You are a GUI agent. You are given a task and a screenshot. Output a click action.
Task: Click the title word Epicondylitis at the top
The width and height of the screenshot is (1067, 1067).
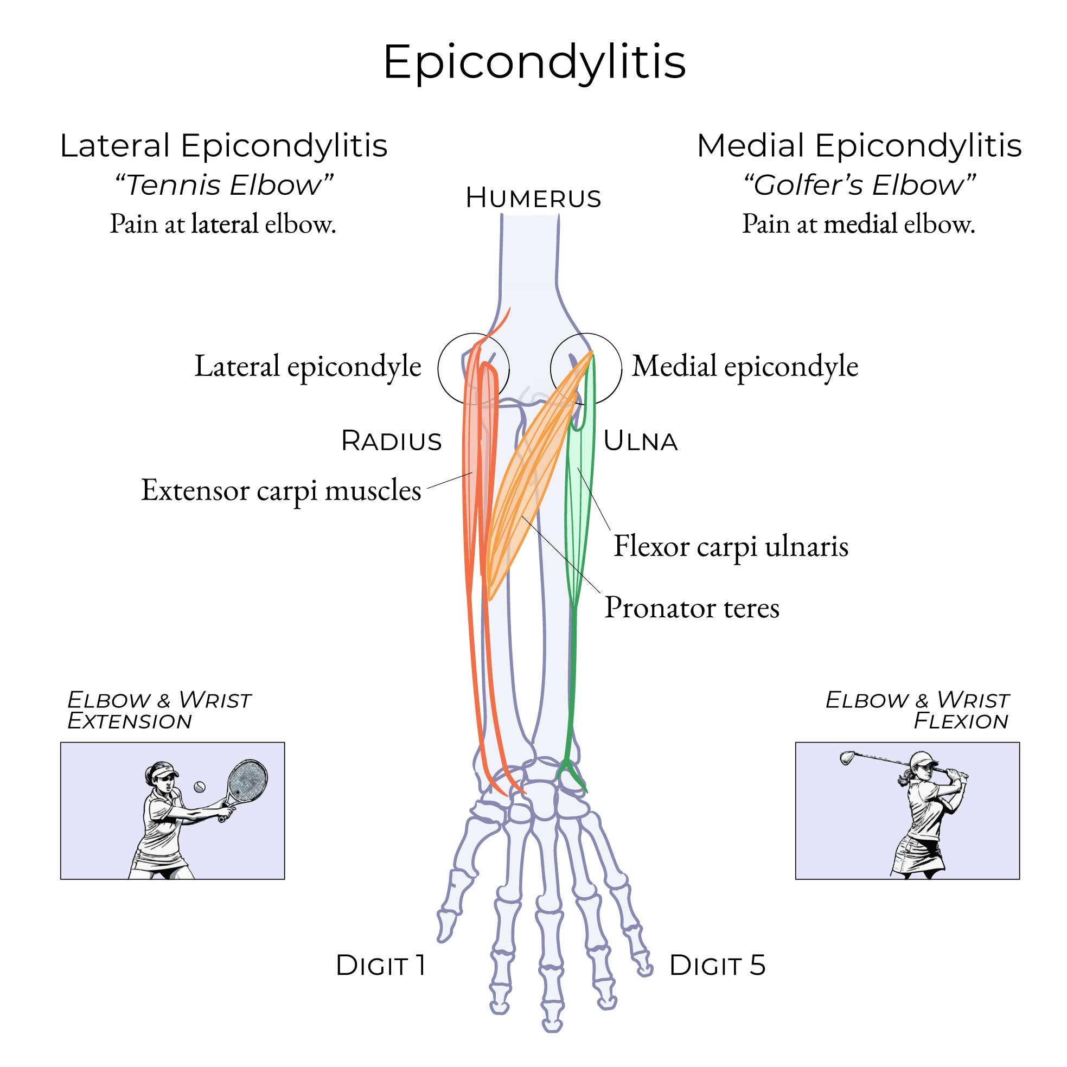(x=534, y=62)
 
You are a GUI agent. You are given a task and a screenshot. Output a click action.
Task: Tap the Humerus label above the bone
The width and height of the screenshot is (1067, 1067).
(x=533, y=197)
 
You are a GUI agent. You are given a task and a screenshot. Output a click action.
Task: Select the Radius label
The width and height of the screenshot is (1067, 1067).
(x=392, y=440)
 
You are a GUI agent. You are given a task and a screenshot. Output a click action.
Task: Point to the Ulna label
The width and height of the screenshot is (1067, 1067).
(x=640, y=440)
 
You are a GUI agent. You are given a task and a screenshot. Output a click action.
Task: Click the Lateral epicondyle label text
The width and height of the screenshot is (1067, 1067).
(x=308, y=366)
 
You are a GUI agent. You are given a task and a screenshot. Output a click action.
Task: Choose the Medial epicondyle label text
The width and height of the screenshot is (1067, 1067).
(x=744, y=366)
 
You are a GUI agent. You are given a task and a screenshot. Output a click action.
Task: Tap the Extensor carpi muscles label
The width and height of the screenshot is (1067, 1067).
(x=281, y=490)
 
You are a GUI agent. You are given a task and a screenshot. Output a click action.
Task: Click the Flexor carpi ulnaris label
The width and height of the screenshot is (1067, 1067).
(x=731, y=546)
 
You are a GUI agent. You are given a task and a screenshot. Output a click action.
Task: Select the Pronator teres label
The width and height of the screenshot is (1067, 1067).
(x=692, y=608)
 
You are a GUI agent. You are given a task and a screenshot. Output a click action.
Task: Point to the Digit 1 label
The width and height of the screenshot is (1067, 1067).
(x=380, y=965)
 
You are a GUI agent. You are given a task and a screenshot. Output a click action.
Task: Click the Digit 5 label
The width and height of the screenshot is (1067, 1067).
(x=717, y=965)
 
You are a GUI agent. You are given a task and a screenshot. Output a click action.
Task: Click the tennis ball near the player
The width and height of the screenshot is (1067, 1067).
(x=200, y=787)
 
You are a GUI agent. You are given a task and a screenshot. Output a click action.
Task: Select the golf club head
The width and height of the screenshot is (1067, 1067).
(x=847, y=758)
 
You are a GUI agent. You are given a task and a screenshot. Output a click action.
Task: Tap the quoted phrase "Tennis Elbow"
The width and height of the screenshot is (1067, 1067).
(x=223, y=185)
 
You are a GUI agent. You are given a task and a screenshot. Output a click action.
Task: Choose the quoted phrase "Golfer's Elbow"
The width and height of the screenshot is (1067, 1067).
(x=859, y=185)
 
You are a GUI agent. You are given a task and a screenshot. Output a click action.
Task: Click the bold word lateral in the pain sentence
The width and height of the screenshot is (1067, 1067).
(x=225, y=223)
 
